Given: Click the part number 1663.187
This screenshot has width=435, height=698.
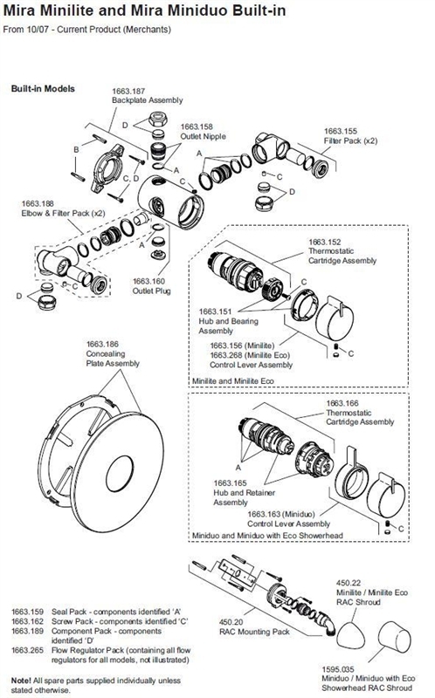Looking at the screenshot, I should click(128, 91).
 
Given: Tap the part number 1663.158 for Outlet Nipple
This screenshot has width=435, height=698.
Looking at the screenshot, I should click(200, 125).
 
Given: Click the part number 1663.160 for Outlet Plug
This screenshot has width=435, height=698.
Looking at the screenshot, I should click(151, 282).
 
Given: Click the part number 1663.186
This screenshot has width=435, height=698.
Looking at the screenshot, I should click(104, 345).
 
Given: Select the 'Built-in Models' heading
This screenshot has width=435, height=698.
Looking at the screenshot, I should click(42, 89).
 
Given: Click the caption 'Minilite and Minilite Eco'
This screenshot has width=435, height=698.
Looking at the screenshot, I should click(242, 381).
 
